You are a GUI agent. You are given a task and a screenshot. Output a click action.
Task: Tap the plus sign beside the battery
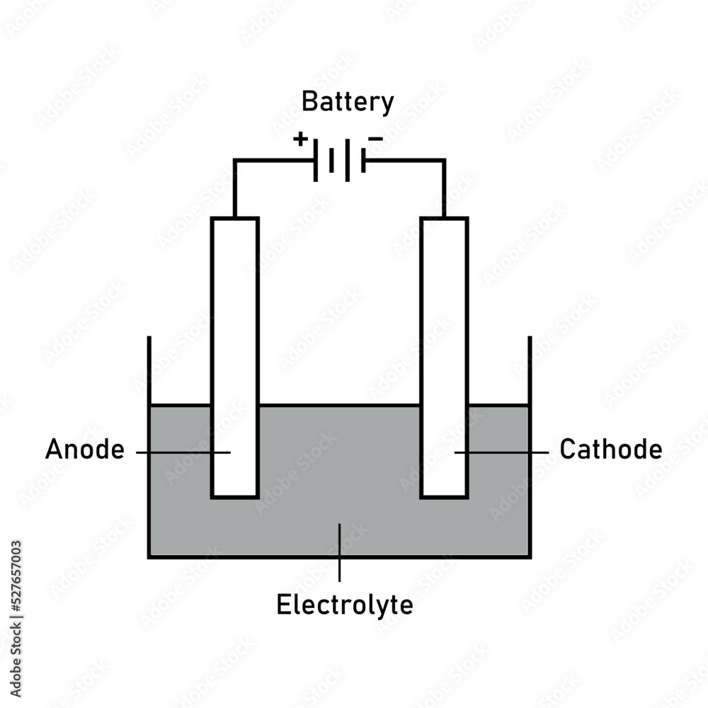301,139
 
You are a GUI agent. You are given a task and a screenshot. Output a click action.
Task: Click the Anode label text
84,450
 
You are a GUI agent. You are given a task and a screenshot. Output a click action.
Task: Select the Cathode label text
611,450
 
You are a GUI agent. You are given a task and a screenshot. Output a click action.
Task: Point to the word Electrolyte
344,606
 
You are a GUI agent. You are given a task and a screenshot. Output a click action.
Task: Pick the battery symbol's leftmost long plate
315,160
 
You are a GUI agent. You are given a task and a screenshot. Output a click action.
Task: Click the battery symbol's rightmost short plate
363,160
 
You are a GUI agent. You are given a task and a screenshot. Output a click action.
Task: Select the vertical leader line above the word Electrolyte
339,552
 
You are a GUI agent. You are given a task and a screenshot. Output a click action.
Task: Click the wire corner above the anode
235,161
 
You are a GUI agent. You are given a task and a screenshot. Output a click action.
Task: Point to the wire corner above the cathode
444,161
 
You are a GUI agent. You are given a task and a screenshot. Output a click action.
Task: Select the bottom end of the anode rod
235,496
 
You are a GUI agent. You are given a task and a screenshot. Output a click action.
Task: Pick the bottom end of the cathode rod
444,496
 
